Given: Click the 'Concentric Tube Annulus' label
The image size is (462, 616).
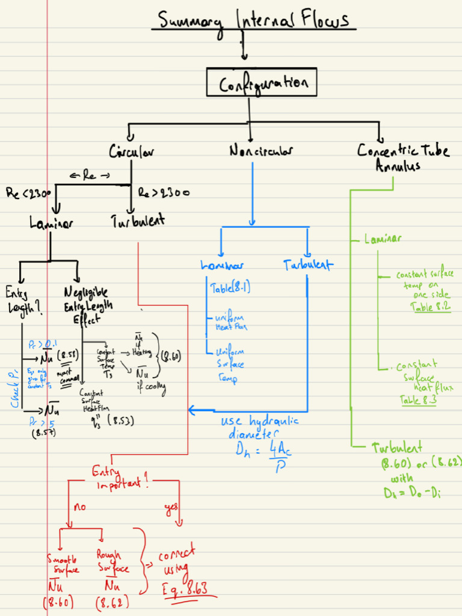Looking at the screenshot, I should (402, 156).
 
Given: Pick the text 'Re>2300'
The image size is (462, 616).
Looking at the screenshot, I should (164, 193).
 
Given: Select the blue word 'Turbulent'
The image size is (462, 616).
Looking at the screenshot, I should (309, 264).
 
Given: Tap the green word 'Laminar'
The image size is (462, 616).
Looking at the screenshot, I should (383, 239).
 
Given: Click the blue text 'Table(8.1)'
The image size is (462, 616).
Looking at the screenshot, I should (230, 288).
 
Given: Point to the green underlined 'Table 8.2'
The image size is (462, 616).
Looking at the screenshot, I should (430, 307).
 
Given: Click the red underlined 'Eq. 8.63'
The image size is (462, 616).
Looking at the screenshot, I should (185, 590).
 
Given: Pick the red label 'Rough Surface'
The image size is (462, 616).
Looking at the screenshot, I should (112, 562).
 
